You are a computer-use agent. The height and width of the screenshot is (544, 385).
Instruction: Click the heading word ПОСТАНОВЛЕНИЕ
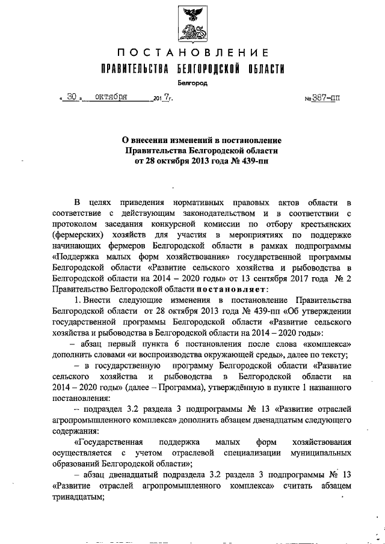[192, 55]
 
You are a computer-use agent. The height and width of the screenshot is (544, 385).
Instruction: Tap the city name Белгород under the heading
[192, 84]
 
